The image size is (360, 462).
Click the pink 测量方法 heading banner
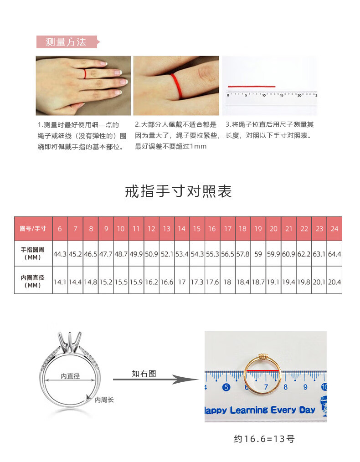coord(68,42)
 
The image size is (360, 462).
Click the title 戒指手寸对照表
coord(179,191)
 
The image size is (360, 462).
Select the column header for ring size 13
coord(167,229)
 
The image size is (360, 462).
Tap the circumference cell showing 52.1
coord(167,254)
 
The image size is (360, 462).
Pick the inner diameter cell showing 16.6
coord(167,282)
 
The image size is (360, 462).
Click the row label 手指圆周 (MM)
coord(32,253)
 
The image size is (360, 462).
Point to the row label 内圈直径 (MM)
coord(32,282)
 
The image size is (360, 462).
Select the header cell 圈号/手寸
coord(33,229)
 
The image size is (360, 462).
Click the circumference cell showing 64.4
coord(334,254)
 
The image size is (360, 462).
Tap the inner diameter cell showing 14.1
coord(60,282)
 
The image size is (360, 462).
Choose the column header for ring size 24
coord(334,229)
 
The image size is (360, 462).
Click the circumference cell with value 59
coord(258,254)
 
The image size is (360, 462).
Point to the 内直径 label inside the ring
coord(70,376)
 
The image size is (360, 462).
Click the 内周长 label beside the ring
coord(104,400)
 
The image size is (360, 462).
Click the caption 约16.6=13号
coord(264,439)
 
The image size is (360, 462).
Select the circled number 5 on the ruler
coord(226,387)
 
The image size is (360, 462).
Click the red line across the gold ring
coord(262,370)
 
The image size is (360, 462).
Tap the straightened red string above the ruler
coord(252,87)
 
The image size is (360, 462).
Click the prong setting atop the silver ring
coord(70,342)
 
